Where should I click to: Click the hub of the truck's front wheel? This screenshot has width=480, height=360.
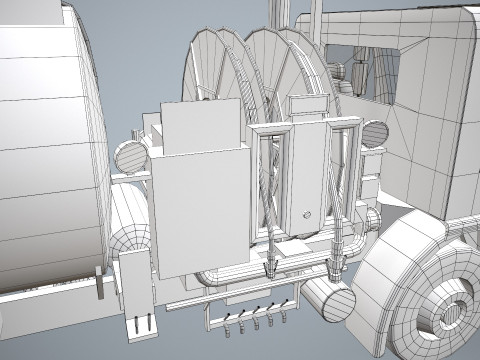tap(452, 309)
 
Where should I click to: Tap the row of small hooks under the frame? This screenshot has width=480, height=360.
tap(256, 317)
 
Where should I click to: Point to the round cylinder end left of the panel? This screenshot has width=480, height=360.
tap(131, 156)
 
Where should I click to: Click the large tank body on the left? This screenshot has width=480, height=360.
tap(45, 150)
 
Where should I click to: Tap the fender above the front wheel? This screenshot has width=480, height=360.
tap(410, 240)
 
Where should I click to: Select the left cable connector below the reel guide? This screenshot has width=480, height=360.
tap(269, 262)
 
